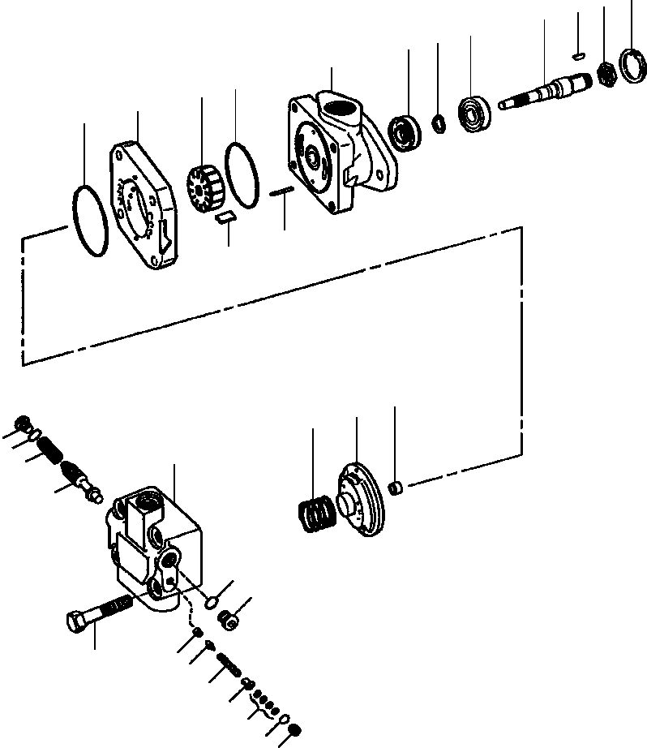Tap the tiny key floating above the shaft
(x=577, y=55)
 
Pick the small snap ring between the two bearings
(x=439, y=123)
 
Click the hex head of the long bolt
(x=75, y=622)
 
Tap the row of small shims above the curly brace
(x=264, y=699)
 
